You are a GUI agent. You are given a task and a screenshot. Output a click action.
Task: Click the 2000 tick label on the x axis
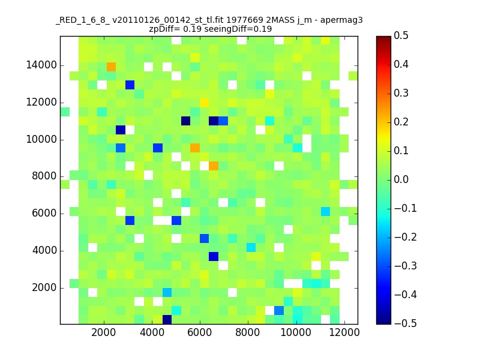click(x=103, y=332)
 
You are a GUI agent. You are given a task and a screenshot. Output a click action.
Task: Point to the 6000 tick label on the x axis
click(x=200, y=332)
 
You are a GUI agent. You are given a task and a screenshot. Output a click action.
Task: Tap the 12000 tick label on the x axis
click(x=344, y=332)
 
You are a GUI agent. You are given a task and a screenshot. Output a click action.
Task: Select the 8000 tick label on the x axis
click(x=248, y=332)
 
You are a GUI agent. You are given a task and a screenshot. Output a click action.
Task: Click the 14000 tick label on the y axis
click(x=41, y=65)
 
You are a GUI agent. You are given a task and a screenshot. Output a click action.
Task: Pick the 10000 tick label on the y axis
click(x=41, y=139)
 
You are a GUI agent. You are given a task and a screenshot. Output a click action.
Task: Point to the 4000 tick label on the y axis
click(x=44, y=250)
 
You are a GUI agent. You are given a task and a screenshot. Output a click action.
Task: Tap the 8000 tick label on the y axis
click(x=44, y=176)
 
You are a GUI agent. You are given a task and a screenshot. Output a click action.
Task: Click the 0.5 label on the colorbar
click(x=401, y=35)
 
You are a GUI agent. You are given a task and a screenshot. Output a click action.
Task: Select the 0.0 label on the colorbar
click(x=401, y=179)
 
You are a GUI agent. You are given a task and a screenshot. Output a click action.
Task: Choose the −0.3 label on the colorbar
click(x=406, y=266)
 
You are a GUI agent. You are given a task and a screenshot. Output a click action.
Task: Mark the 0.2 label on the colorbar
click(x=401, y=122)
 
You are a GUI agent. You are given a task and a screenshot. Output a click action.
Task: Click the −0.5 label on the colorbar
click(x=406, y=323)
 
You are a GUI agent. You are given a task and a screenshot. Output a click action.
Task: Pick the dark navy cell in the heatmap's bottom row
click(x=167, y=320)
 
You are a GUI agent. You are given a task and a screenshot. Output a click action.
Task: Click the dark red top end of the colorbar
click(x=383, y=38)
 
